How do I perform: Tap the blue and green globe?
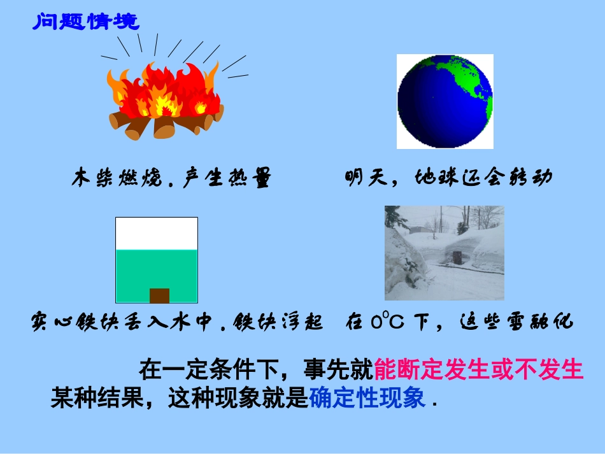point(445,101)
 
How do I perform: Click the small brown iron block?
point(159,295)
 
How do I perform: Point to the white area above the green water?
point(156,233)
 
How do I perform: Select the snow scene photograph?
point(444,253)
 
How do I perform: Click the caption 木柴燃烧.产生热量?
point(171,178)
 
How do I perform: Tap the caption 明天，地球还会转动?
point(448,178)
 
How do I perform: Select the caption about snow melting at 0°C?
point(459,322)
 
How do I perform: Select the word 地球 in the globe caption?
point(436,178)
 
